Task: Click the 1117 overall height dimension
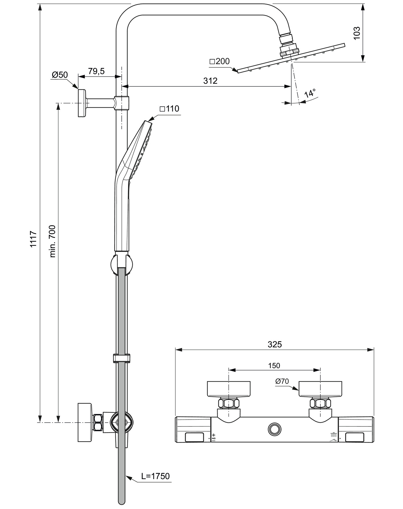coord(34,238)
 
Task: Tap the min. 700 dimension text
coord(52,241)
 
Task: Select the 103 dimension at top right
coord(356,33)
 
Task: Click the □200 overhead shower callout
coord(219,61)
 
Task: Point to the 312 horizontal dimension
coord(210,81)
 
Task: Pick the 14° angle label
coord(310,93)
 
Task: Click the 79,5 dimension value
coord(96,71)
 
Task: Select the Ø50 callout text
coord(60,75)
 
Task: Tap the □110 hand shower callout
coord(169,109)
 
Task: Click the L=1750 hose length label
coord(155,476)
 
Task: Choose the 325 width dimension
coord(275,344)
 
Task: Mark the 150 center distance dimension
coord(274,366)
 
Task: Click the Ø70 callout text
coord(282,381)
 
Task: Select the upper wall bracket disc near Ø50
coord(82,103)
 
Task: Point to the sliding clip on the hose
coord(122,358)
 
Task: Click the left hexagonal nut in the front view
coord(229,403)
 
